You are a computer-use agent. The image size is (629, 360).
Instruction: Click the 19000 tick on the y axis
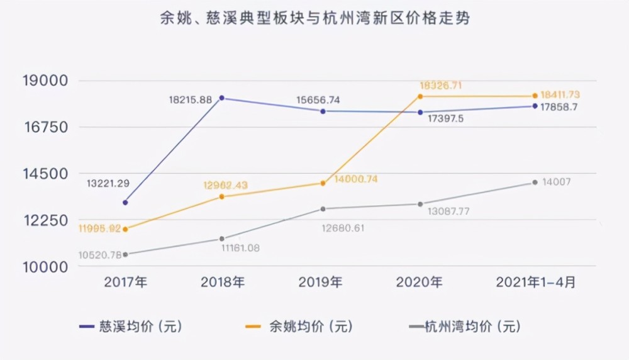[45, 81]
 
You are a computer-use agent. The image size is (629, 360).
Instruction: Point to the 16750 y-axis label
[45, 127]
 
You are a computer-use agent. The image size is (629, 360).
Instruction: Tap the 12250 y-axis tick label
[45, 220]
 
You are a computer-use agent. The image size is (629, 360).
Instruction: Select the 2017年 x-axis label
[125, 282]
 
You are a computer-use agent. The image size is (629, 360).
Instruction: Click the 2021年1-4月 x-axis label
[535, 282]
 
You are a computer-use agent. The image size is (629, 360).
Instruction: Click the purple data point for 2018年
[223, 98]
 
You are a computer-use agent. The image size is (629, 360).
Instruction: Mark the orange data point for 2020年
[421, 96]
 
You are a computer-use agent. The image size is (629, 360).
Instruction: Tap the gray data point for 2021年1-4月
[535, 183]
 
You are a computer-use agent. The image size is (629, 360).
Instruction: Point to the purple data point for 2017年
[125, 203]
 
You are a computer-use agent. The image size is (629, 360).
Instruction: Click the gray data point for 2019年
[323, 209]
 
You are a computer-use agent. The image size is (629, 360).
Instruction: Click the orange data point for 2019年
[323, 183]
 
